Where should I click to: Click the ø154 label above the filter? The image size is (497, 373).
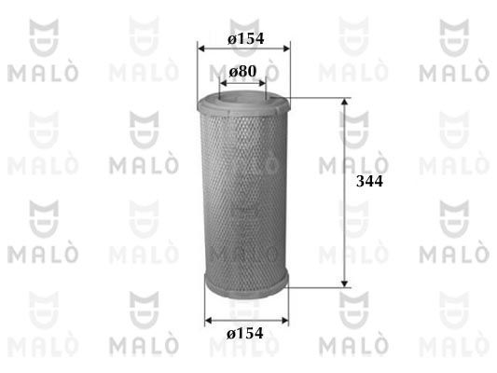click(x=245, y=38)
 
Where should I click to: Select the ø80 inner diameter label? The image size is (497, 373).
click(x=242, y=72)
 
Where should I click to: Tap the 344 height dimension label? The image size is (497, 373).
click(x=369, y=181)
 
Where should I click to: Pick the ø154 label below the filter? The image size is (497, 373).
click(x=244, y=334)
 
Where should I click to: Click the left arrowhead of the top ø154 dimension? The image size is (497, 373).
click(x=200, y=48)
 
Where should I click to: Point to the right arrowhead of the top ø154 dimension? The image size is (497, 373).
click(x=286, y=48)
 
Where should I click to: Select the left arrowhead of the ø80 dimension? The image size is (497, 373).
click(x=223, y=83)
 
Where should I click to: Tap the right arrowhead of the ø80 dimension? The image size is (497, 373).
click(x=262, y=83)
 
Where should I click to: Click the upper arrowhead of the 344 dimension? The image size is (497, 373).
click(x=344, y=102)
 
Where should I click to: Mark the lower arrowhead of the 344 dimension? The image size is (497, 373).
click(x=344, y=284)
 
